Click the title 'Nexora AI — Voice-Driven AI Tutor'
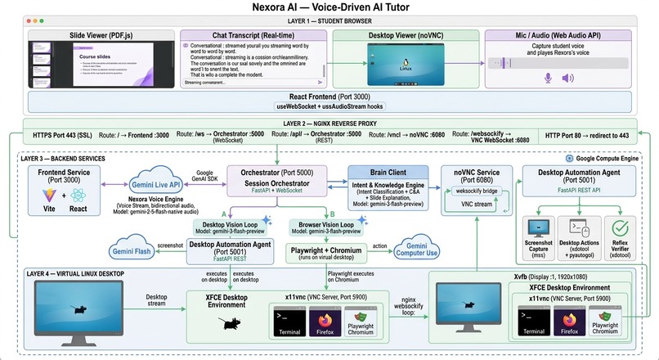point(329,8)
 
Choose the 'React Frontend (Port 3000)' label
point(329,97)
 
